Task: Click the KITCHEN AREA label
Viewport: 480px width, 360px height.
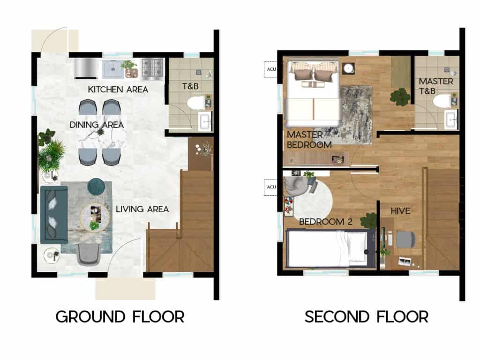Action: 118,89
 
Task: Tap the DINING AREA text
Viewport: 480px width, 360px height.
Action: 97,125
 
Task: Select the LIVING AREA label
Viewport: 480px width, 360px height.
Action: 142,209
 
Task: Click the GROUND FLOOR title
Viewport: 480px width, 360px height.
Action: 120,316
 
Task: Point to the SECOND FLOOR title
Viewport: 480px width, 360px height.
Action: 367,316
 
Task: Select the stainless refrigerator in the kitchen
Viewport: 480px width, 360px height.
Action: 86,68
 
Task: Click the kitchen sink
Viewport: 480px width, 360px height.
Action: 112,69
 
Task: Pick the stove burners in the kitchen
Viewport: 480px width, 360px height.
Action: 151,68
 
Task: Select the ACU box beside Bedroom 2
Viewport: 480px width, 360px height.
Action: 270,187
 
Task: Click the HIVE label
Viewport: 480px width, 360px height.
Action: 401,211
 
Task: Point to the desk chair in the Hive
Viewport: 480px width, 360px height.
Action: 405,240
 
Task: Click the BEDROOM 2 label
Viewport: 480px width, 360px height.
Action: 325,222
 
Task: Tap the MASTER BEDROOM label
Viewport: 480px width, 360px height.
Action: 309,140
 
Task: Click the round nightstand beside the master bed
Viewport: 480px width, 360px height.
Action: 348,69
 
